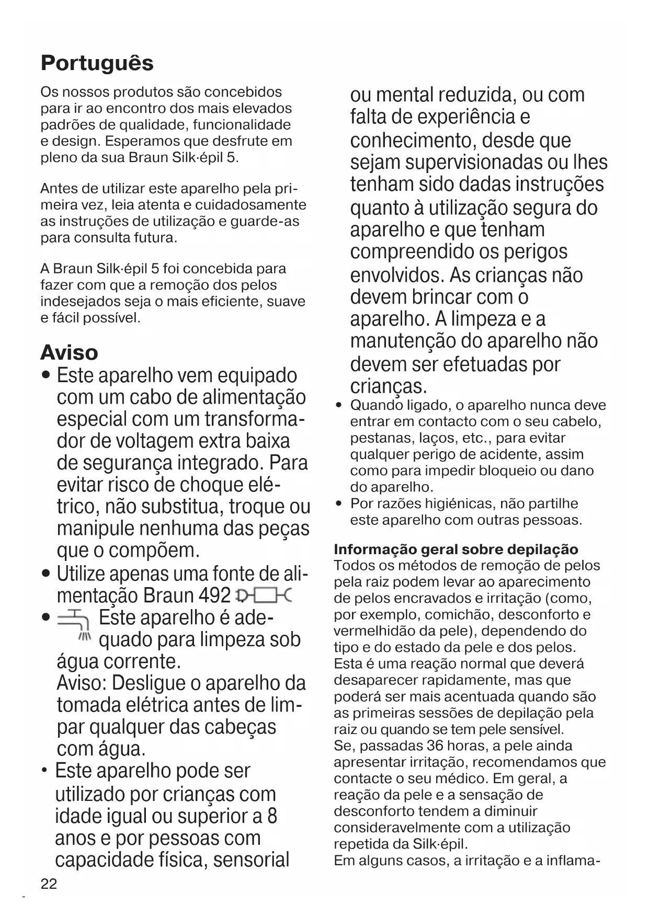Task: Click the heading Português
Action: point(97,63)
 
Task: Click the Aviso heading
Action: point(69,352)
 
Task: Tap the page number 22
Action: point(49,884)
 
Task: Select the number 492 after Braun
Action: point(215,595)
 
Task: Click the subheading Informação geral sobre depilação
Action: point(456,549)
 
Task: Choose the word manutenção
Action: point(403,341)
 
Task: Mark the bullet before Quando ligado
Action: point(339,406)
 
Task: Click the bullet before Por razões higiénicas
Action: point(339,504)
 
